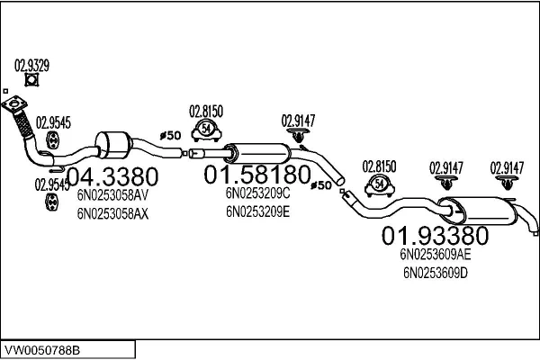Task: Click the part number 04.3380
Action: [112, 177]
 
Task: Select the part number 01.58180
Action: [257, 175]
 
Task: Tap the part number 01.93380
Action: [435, 236]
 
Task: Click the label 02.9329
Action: [31, 66]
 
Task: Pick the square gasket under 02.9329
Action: [31, 80]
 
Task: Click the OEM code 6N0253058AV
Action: [112, 195]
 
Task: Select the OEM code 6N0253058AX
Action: [112, 214]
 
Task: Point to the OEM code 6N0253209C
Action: [257, 193]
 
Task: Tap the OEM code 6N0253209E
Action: [257, 211]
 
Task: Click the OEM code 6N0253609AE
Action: [436, 255]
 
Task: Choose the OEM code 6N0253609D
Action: [436, 274]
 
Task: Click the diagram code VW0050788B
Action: [42, 350]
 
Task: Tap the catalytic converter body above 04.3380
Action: [113, 145]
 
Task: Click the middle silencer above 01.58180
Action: [257, 154]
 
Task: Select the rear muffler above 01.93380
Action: [478, 210]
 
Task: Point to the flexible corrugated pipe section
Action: [23, 124]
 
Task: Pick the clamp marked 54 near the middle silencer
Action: [206, 130]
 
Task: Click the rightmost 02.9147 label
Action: [507, 168]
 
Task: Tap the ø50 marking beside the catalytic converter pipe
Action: [171, 136]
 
